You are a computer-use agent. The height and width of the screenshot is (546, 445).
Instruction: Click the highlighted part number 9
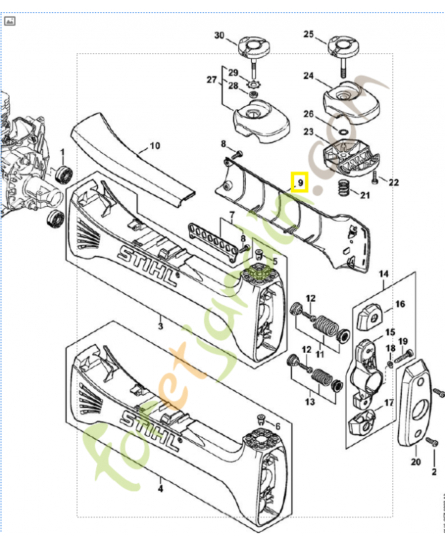[x=300, y=183]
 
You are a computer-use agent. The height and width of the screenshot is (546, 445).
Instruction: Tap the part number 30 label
[x=219, y=35]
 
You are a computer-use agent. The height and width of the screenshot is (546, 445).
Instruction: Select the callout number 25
[x=308, y=34]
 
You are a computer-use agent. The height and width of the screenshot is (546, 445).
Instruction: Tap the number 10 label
[x=155, y=145]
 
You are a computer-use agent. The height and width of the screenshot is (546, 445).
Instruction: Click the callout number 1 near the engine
[x=62, y=152]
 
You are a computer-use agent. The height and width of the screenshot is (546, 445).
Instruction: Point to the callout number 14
[x=384, y=275]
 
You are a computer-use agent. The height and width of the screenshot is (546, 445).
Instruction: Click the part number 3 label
[x=160, y=327]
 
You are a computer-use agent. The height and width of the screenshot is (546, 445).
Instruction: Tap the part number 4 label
[x=161, y=488]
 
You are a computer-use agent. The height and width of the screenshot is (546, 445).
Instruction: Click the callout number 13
[x=310, y=401]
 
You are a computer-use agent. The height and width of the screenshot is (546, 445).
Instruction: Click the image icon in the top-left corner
[x=10, y=20]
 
